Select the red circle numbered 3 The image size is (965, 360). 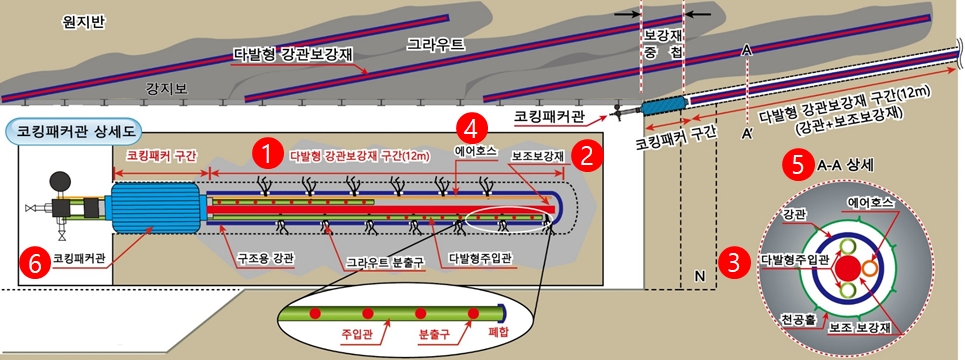coord(736,263)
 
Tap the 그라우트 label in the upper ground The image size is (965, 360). coord(436,45)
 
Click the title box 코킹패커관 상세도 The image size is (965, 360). coord(76,130)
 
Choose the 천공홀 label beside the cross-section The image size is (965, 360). coord(796,320)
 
